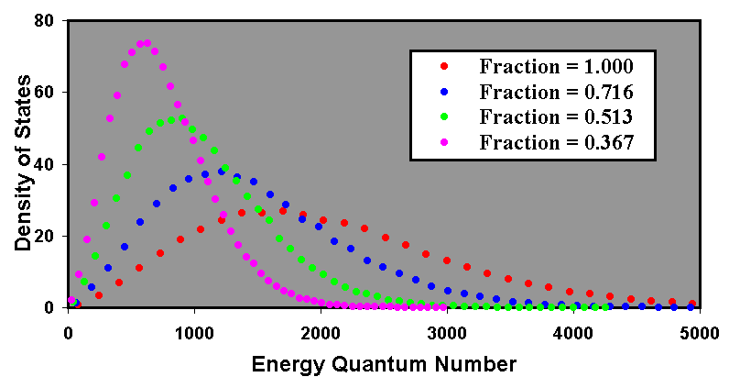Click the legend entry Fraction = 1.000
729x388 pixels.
(x=556, y=66)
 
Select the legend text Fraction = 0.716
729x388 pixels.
(x=556, y=92)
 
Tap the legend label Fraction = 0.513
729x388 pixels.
(x=556, y=116)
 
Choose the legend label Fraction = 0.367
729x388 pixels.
(x=556, y=142)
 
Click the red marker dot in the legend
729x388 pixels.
(x=444, y=66)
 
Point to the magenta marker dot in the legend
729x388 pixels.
(x=444, y=142)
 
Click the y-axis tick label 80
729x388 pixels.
(x=43, y=20)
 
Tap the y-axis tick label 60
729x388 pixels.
(x=43, y=92)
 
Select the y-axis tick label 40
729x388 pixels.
(x=43, y=164)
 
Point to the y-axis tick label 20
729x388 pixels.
(x=43, y=236)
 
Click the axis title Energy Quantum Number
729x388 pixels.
(x=384, y=363)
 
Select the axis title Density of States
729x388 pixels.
(x=22, y=164)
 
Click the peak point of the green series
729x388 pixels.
(x=171, y=120)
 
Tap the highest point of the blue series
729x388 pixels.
(x=222, y=172)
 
